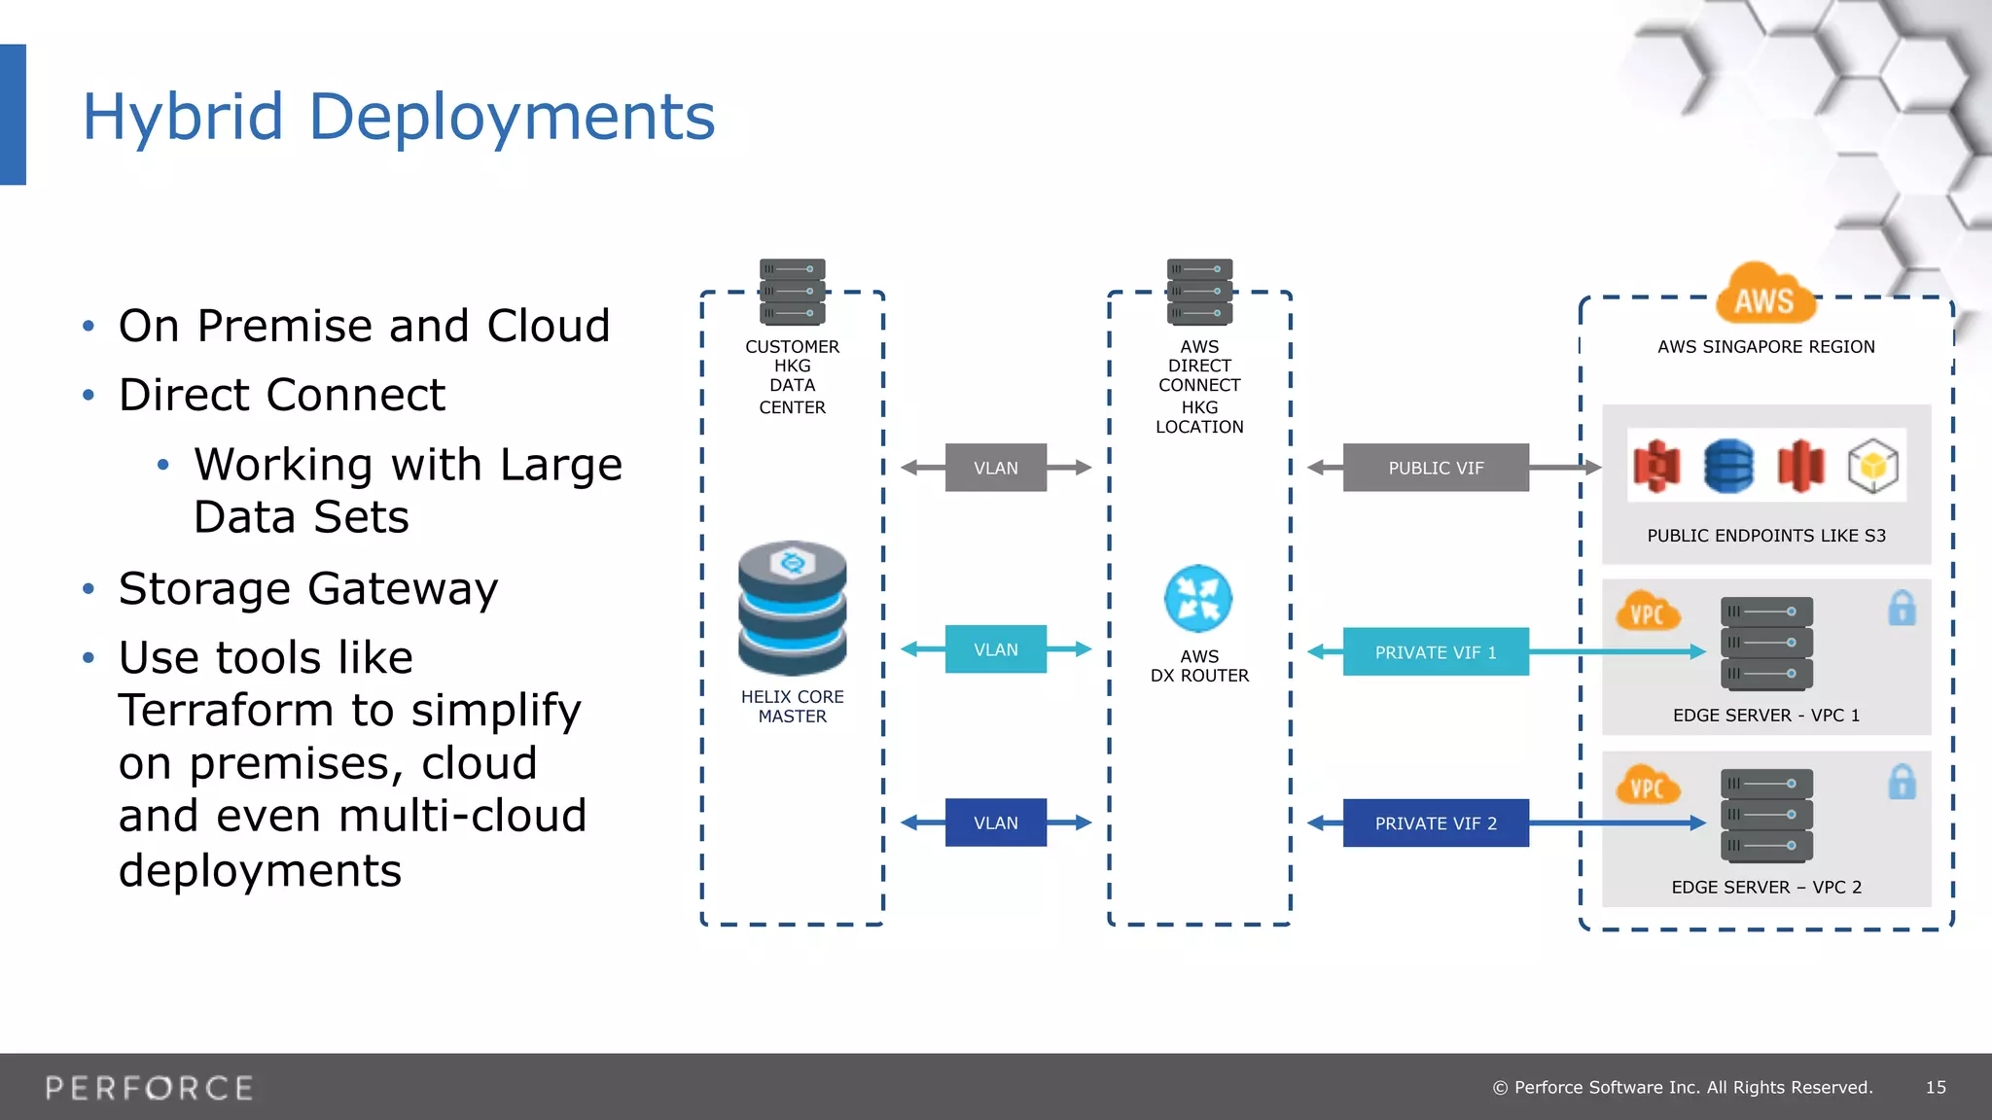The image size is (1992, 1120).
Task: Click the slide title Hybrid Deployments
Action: (x=399, y=117)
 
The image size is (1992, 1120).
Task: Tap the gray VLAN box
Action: (x=996, y=468)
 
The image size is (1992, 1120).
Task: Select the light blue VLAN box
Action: (x=996, y=649)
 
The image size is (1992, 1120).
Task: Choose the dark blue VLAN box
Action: (x=996, y=822)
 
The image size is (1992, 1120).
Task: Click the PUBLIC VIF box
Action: (x=1436, y=468)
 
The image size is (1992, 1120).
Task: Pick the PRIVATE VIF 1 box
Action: (x=1436, y=652)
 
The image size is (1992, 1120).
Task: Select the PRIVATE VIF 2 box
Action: (x=1436, y=823)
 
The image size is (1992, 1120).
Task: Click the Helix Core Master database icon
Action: (x=793, y=609)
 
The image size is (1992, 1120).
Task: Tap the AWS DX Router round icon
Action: (x=1198, y=599)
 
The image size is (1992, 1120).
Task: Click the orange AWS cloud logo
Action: (x=1764, y=295)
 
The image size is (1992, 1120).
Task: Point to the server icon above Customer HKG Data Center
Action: (x=793, y=292)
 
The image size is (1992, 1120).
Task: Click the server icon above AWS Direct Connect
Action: (x=1199, y=292)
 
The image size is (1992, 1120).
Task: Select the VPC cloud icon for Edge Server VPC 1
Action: (x=1647, y=612)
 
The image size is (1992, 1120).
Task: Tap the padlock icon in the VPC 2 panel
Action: (x=1902, y=782)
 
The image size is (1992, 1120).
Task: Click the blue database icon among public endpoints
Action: (x=1728, y=466)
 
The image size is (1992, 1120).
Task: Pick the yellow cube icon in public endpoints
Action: (x=1873, y=467)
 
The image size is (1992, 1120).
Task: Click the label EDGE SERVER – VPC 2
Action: (x=1766, y=887)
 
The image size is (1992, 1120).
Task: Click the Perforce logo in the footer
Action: (x=150, y=1088)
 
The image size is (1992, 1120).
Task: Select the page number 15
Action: (x=1936, y=1087)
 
